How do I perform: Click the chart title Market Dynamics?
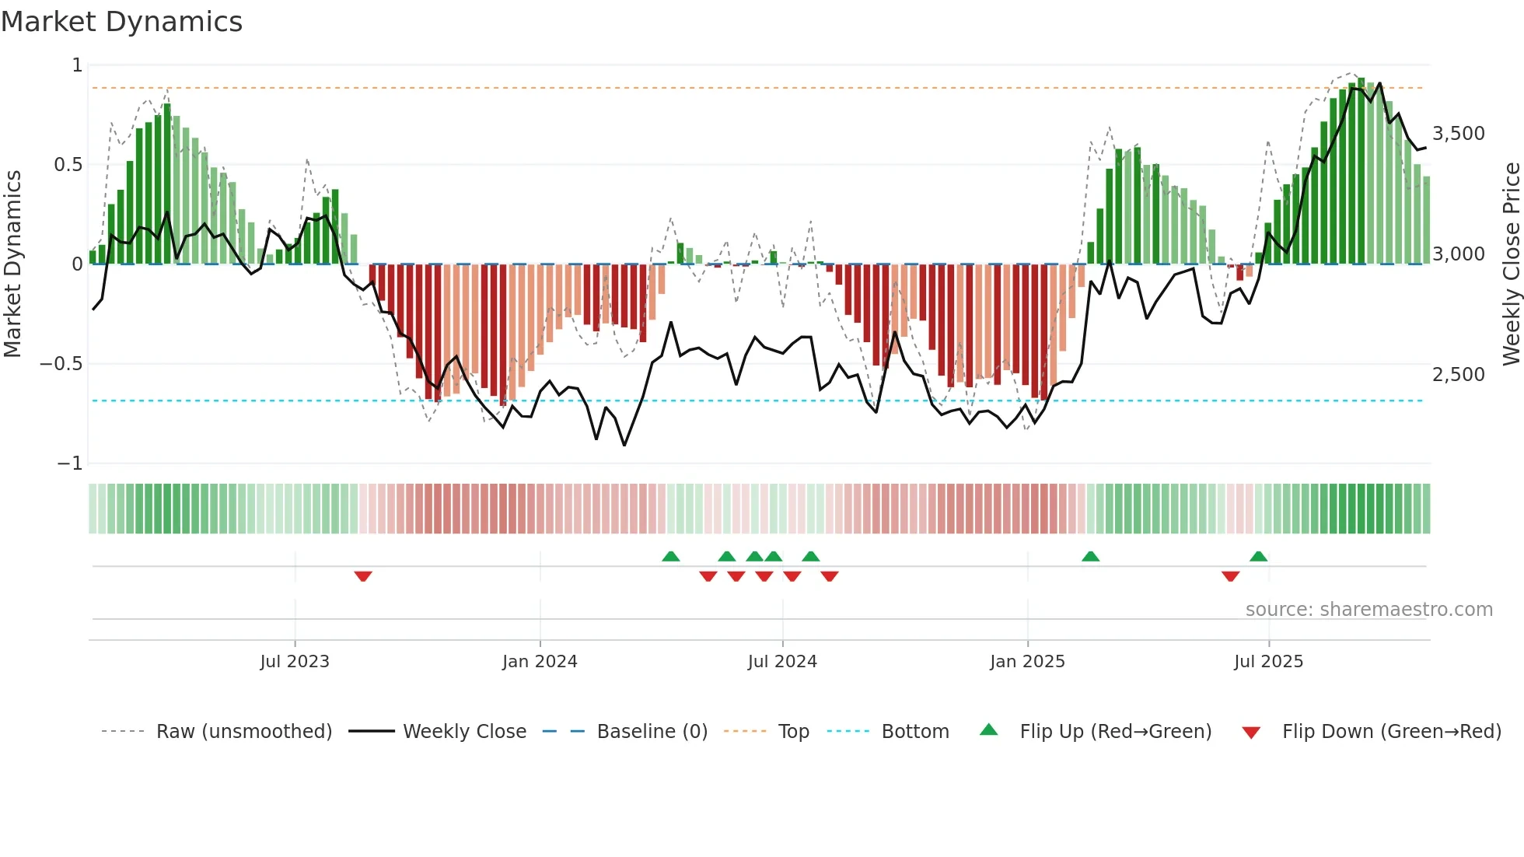[x=121, y=22]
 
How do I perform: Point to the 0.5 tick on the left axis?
[x=68, y=165]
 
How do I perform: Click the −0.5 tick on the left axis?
[x=61, y=364]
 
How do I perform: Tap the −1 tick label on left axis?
[x=70, y=463]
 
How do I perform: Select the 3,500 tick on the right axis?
[x=1458, y=134]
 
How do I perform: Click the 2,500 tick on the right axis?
[x=1458, y=375]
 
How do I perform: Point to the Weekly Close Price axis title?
[x=1511, y=264]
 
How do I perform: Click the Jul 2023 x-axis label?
[x=295, y=662]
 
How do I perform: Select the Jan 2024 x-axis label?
[x=540, y=662]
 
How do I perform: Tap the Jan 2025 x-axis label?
[x=1027, y=662]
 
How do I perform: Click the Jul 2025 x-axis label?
[x=1268, y=662]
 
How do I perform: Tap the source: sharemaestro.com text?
[x=1368, y=610]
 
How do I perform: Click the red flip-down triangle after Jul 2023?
[x=363, y=576]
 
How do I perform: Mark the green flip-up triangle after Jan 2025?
[x=1090, y=556]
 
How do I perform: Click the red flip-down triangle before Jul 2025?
[x=1230, y=576]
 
